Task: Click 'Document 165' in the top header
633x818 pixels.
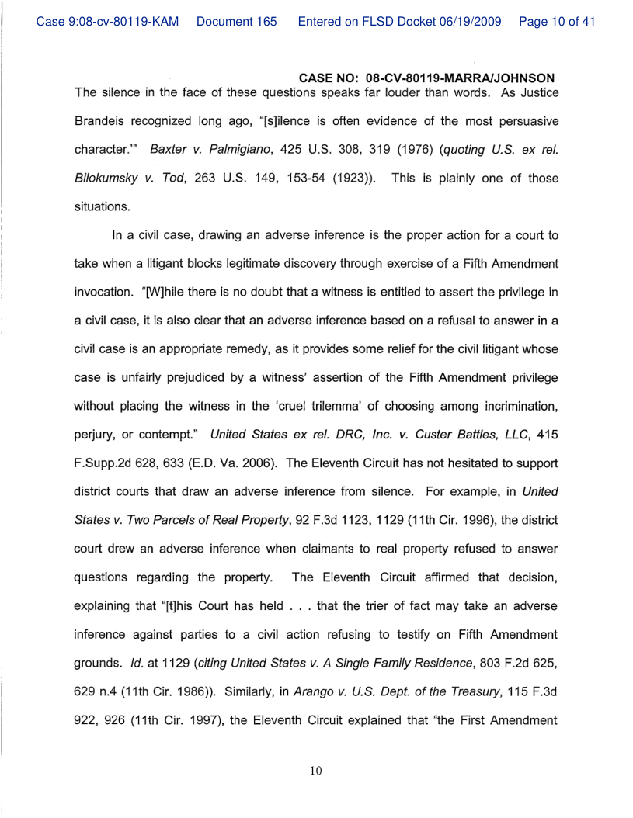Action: tap(237, 22)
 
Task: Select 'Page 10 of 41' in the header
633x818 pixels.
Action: tap(557, 22)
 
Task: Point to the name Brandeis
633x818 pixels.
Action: tap(102, 123)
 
